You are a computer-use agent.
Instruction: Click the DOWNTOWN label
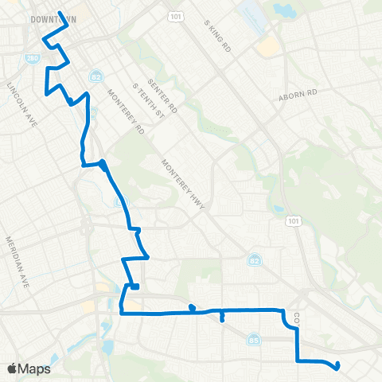point(49,18)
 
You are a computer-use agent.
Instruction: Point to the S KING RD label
point(216,37)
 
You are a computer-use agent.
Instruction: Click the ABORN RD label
point(298,93)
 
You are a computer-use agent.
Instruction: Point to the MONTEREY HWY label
point(185,184)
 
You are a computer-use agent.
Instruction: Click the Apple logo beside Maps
point(12,368)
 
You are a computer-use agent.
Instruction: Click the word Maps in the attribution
point(34,368)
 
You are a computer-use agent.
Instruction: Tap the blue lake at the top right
point(281,10)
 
